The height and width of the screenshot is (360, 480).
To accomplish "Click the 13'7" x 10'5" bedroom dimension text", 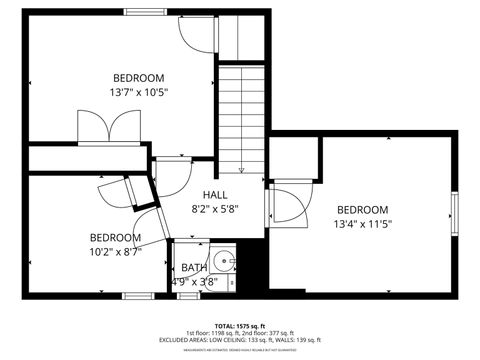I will click(x=139, y=92).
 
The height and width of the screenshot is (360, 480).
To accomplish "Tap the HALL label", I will click(x=215, y=195).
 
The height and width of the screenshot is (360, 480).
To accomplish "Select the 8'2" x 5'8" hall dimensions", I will click(x=215, y=210).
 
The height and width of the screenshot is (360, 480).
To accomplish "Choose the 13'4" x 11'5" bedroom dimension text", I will click(x=362, y=224).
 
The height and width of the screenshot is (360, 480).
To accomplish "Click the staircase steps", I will click(x=240, y=110).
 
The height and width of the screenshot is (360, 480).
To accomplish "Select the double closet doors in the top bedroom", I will click(x=104, y=128).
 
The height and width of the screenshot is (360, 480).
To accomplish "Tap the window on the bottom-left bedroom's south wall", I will click(x=137, y=295).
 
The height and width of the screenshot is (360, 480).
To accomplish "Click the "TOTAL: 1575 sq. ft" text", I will click(x=239, y=326).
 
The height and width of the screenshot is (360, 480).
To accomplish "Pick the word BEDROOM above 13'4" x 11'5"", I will click(x=362, y=209).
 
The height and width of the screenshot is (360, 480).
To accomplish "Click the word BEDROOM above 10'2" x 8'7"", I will click(x=115, y=237).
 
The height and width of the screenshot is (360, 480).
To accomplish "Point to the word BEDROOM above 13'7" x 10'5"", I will click(x=139, y=77).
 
